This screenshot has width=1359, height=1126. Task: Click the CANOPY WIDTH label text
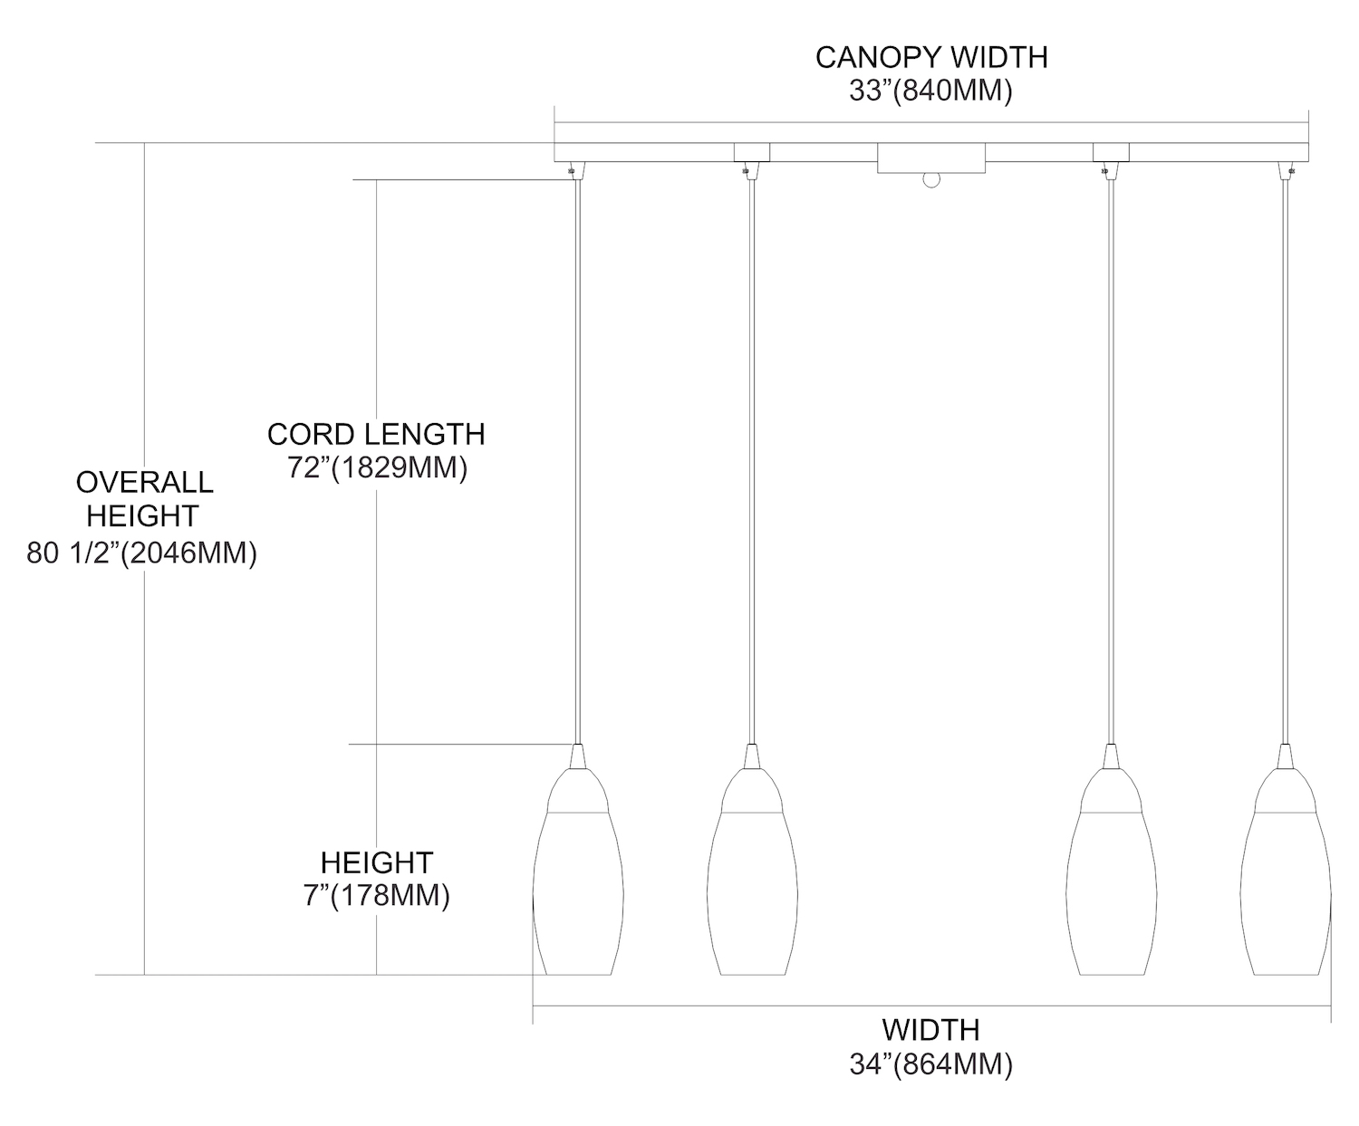931,57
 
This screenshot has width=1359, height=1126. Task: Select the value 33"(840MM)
931,91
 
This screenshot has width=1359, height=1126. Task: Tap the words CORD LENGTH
376,434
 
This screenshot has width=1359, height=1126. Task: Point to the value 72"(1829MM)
376,468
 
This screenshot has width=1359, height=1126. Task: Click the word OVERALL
144,481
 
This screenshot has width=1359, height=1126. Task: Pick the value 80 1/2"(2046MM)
142,553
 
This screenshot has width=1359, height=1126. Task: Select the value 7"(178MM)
376,896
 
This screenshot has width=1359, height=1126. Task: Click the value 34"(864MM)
931,1064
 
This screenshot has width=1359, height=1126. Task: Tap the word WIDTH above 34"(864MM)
931,1030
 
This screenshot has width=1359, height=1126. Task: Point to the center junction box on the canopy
930,159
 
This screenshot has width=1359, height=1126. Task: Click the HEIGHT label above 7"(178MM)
376,861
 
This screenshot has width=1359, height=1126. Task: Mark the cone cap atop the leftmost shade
577,758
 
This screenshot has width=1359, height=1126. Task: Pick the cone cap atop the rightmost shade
1285,758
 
